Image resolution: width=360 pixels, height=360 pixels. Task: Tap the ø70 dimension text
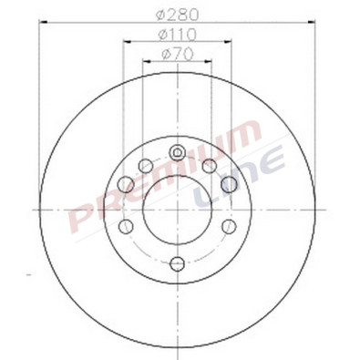click(178, 55)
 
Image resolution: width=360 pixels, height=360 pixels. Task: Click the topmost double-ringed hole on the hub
click(178, 151)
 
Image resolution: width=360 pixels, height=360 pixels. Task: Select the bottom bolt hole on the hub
click(178, 264)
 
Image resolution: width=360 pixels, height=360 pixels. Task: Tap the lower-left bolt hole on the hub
click(127, 226)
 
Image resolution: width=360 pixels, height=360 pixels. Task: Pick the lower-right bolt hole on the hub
click(229, 226)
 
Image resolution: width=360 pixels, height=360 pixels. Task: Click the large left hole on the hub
click(126, 184)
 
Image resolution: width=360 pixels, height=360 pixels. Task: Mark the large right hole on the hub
click(230, 184)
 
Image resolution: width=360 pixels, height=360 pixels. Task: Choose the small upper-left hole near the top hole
click(146, 165)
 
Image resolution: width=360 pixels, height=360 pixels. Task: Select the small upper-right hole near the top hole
click(210, 165)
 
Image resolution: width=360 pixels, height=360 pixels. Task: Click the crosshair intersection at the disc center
click(178, 210)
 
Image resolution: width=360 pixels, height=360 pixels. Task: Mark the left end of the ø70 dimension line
click(143, 62)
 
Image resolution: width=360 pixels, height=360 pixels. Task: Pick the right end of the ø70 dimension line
click(212, 62)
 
